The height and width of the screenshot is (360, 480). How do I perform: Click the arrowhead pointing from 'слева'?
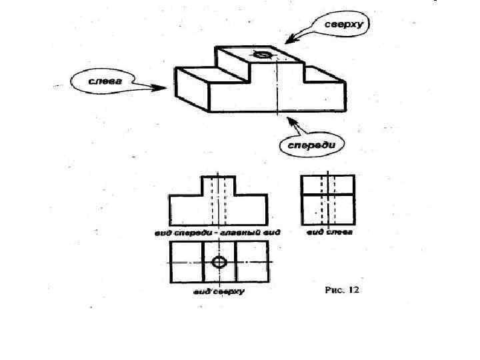click(x=162, y=87)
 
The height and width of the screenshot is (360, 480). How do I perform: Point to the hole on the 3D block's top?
click(x=261, y=54)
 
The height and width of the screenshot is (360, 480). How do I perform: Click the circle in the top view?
click(x=219, y=261)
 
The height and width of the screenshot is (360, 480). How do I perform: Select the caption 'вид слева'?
click(x=330, y=233)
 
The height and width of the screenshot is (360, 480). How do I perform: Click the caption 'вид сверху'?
click(x=219, y=291)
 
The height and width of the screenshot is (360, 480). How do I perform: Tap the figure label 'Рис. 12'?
click(x=342, y=291)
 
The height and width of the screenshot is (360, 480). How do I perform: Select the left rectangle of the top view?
click(x=185, y=261)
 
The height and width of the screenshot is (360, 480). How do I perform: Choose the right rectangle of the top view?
click(x=252, y=261)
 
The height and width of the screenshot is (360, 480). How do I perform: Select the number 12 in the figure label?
click(x=353, y=291)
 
